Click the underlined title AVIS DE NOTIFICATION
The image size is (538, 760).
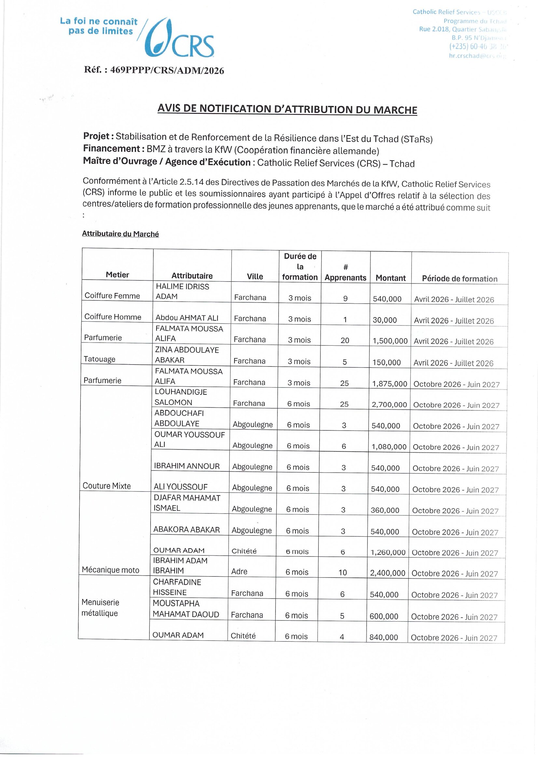[287, 109]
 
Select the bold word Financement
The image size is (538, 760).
[112, 149]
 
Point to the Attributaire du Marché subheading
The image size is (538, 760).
[120, 234]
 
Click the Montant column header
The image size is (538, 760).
[390, 278]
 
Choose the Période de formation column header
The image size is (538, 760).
[460, 279]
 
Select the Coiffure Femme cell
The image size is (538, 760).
[112, 296]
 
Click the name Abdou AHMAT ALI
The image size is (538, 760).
[187, 318]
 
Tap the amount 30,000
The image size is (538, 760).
[385, 320]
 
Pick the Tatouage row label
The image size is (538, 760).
[99, 359]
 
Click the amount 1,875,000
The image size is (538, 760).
[389, 384]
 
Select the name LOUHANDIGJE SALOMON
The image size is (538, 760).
[181, 397]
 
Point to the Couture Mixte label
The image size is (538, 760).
[107, 486]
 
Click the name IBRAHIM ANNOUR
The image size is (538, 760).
[186, 466]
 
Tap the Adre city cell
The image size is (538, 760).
[239, 571]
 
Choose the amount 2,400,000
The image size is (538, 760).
[388, 573]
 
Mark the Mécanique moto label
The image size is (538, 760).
[110, 570]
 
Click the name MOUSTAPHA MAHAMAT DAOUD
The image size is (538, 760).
[186, 609]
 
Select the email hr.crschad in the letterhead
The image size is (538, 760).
[477, 56]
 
